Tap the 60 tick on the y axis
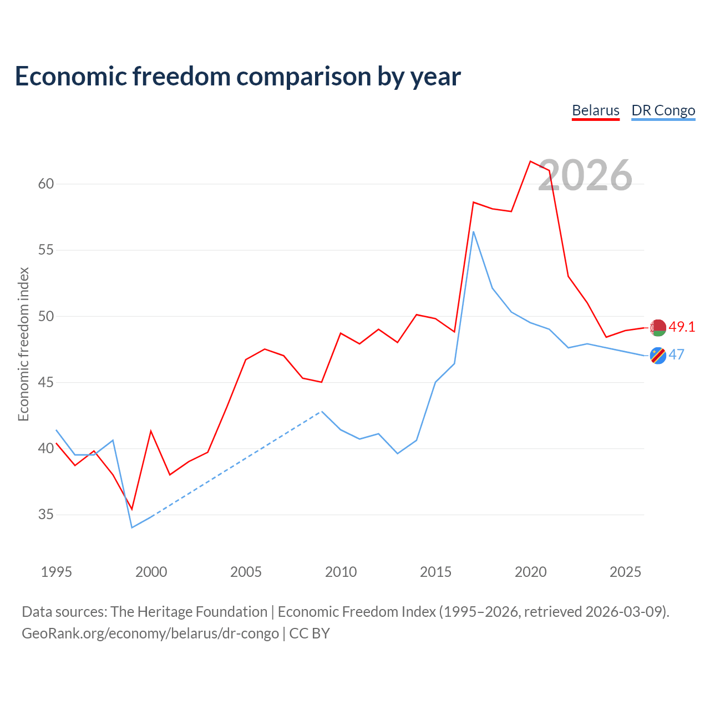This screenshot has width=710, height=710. click(46, 184)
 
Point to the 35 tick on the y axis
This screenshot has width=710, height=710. click(46, 514)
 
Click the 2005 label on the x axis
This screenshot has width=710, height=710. click(246, 572)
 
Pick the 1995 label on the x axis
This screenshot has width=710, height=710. click(57, 572)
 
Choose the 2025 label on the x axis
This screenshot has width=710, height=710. click(625, 572)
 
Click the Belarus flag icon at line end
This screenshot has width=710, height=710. click(658, 328)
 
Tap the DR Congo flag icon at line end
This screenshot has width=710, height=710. click(658, 356)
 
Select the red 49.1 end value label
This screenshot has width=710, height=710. click(682, 327)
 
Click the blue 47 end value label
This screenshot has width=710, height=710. click(677, 354)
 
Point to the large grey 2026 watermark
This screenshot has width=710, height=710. click(585, 175)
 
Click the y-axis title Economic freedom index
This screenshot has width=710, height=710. click(23, 344)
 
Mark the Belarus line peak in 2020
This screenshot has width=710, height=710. click(530, 161)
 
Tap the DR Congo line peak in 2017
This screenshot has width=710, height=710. click(474, 232)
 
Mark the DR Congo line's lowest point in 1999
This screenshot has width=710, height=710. click(132, 528)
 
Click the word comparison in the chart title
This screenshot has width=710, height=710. click(303, 77)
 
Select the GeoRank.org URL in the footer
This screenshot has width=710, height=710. click(150, 633)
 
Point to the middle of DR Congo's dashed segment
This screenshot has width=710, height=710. click(236, 464)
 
